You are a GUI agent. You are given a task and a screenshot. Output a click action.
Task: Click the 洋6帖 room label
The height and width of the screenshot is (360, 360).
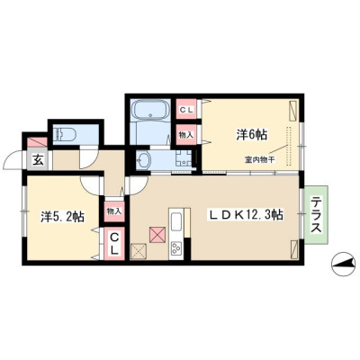pyautogui.click(x=251, y=135)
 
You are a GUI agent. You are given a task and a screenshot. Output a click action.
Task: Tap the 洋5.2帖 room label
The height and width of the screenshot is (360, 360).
pyautogui.click(x=62, y=217)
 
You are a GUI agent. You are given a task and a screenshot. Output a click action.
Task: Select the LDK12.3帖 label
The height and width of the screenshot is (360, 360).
pyautogui.click(x=246, y=215)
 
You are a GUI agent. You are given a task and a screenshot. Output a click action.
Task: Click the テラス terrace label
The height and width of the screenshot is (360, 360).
pyautogui.click(x=316, y=215)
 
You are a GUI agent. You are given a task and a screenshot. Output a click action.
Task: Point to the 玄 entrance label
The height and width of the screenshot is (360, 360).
pyautogui.click(x=38, y=160)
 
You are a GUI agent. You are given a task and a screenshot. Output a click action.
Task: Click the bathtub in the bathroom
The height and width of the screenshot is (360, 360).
pyautogui.click(x=150, y=110)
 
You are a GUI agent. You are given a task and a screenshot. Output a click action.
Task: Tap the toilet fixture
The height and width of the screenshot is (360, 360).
pyautogui.click(x=65, y=133)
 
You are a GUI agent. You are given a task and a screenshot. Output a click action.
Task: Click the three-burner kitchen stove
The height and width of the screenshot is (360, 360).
pyautogui.click(x=175, y=248)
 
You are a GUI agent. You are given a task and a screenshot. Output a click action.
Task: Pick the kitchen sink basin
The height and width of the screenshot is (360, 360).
pyautogui.click(x=175, y=222)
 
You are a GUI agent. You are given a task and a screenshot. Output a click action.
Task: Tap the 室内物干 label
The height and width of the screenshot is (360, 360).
pyautogui.click(x=260, y=160)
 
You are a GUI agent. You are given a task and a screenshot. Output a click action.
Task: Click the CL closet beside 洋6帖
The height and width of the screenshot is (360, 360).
pyautogui.click(x=186, y=110)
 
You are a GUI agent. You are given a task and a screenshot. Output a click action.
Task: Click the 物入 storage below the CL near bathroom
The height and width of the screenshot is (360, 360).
pyautogui.click(x=186, y=135)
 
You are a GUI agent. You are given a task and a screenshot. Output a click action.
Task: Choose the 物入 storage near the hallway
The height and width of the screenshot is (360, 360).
pyautogui.click(x=113, y=211)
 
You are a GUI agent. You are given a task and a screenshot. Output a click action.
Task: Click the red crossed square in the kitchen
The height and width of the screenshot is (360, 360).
pyautogui.click(x=157, y=235)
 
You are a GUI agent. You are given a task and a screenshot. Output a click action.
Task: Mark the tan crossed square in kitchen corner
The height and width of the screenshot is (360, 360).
pyautogui.click(x=139, y=251)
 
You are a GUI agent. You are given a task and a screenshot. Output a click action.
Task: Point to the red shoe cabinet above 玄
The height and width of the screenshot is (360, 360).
pyautogui.click(x=37, y=142)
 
